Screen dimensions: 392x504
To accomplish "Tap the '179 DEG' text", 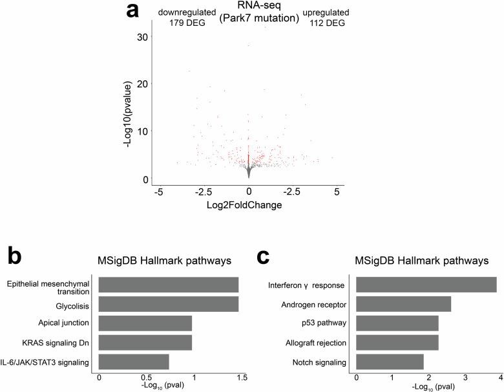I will tap(189, 23).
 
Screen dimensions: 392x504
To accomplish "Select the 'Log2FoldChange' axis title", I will tap(249, 205).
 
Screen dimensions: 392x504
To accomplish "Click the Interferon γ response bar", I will tap(426, 284).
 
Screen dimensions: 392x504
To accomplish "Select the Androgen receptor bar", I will tap(403, 303).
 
